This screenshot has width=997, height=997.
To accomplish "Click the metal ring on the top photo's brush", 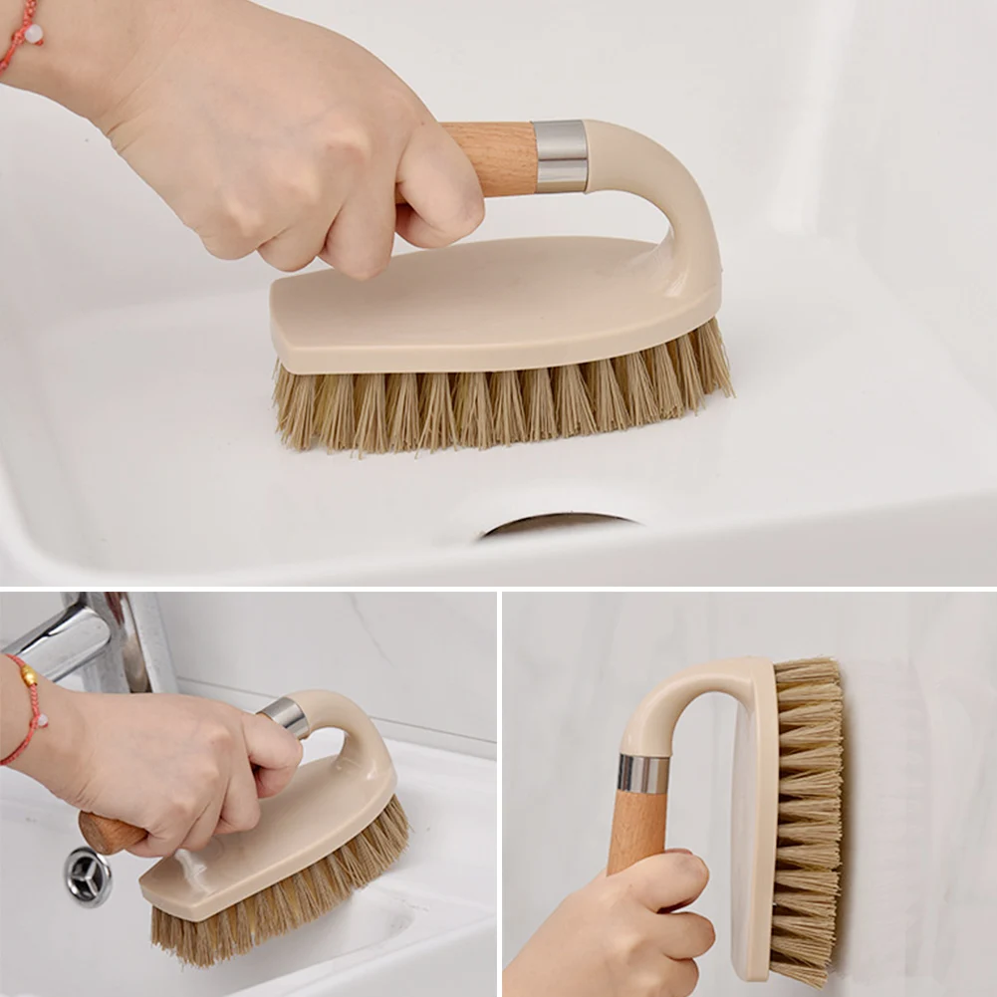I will coord(560,155).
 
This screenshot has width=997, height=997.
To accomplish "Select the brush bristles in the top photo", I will coord(498,403).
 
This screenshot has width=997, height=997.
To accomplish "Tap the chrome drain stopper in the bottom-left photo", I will coord(89,876).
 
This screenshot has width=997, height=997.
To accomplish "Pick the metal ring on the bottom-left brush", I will coord(285,716).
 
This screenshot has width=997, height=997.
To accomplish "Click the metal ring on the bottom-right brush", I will coord(643,774).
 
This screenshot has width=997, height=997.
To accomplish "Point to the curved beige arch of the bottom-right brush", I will coord(677,687).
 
